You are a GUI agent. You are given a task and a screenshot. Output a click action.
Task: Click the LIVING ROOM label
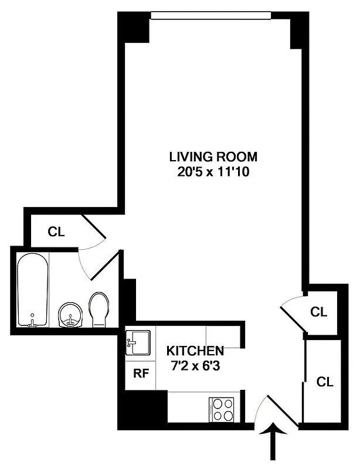(213, 157)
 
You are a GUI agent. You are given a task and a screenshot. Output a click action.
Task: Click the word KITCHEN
(195, 351)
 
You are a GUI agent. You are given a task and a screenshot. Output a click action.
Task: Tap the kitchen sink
(138, 342)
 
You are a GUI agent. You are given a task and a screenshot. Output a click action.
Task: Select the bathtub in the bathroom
(33, 290)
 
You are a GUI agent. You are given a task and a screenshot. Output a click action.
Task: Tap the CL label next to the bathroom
(56, 232)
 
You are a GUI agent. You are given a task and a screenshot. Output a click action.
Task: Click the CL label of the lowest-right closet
(325, 382)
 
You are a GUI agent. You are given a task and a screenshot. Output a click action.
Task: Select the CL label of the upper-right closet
(318, 311)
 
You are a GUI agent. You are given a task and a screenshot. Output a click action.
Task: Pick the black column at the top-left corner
(134, 28)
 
